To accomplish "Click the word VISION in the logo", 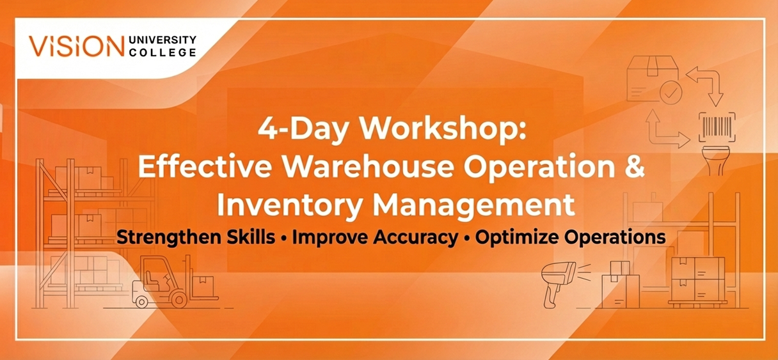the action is pyautogui.click(x=76, y=46).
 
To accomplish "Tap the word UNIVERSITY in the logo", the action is pyautogui.click(x=163, y=40).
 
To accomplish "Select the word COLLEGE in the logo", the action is pyautogui.click(x=163, y=52).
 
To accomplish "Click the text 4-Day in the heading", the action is pyautogui.click(x=303, y=128).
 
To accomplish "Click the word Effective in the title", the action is pyautogui.click(x=205, y=166).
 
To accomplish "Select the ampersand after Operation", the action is pyautogui.click(x=634, y=167).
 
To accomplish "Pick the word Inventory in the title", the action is pyautogui.click(x=290, y=205).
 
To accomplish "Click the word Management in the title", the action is pyautogui.click(x=473, y=205).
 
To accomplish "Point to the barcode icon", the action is pyautogui.click(x=717, y=127).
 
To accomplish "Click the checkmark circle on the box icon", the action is pyautogui.click(x=671, y=93).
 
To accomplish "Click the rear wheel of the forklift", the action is pyautogui.click(x=141, y=302).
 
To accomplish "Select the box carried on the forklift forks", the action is pyautogui.click(x=203, y=286).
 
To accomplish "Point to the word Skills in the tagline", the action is pyautogui.click(x=251, y=237).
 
